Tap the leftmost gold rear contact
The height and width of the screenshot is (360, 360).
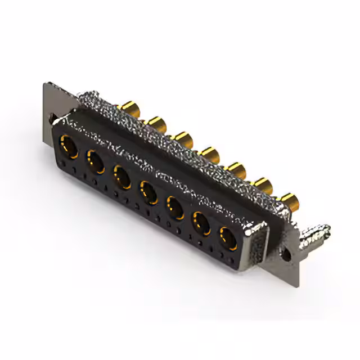click(130, 107)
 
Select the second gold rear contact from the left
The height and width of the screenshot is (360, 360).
click(156, 122)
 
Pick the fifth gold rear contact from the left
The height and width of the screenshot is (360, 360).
click(237, 168)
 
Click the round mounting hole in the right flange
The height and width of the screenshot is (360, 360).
click(288, 255)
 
